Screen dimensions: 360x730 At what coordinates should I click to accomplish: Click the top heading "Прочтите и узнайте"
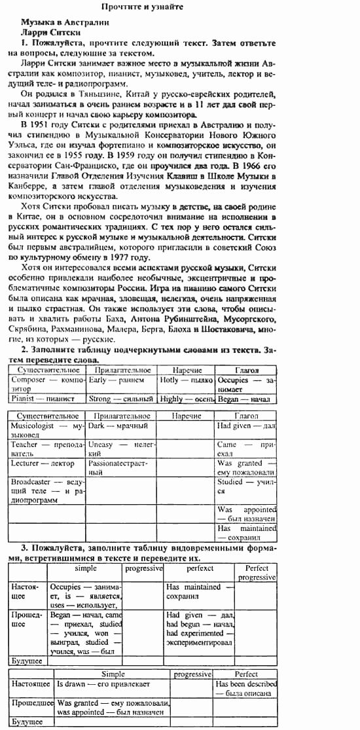[142, 7]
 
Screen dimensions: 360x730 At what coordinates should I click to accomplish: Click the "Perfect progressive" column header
[257, 573]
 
